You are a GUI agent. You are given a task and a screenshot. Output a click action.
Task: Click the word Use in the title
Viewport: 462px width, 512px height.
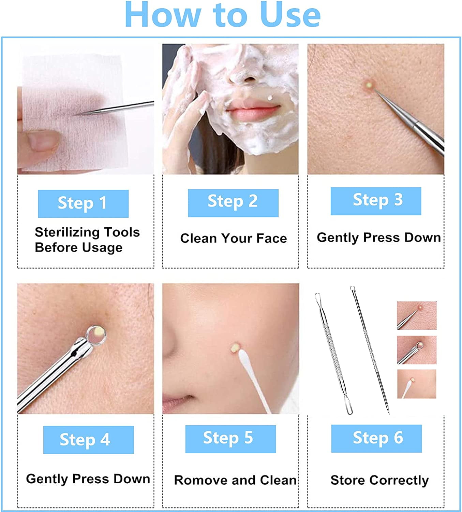coord(290,15)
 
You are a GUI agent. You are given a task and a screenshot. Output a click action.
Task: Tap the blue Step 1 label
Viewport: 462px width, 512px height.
coord(84,204)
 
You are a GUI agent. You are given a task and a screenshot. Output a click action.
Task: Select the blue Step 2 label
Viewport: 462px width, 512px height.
coord(233,203)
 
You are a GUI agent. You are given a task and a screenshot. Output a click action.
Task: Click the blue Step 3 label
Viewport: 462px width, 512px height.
coord(376,201)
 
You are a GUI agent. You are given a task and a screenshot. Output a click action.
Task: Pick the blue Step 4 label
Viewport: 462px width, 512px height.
coord(88,440)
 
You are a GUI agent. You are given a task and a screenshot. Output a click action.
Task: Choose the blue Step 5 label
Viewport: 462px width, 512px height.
coord(230,439)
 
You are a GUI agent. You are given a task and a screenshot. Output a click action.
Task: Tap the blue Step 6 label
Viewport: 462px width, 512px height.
coord(376,439)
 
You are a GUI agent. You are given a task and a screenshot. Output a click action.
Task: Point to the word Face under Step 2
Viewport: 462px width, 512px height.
coord(271,238)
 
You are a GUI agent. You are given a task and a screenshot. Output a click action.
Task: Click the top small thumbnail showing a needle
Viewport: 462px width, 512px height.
coord(417,315)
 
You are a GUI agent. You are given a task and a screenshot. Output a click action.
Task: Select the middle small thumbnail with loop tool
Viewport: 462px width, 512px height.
coord(417,350)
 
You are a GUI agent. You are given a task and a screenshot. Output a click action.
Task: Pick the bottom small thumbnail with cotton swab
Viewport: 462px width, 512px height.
coord(417,384)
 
